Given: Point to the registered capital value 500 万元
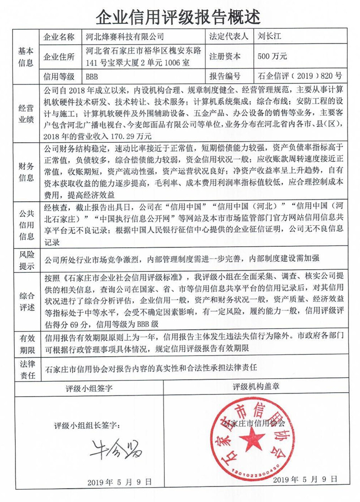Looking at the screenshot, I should pyautogui.click(x=273, y=57).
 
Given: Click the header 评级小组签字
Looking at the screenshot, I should pyautogui.click(x=89, y=387).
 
